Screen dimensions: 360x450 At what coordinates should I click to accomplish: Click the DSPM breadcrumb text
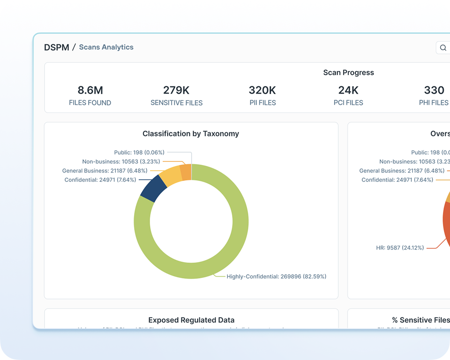pyautogui.click(x=56, y=47)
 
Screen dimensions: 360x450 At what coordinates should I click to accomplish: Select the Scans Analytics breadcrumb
pyautogui.click(x=106, y=47)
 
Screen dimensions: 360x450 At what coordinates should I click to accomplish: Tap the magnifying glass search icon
pyautogui.click(x=443, y=48)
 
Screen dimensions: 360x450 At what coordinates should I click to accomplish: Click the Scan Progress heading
pyautogui.click(x=348, y=73)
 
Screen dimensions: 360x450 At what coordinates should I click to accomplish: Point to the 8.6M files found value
pyautogui.click(x=90, y=90)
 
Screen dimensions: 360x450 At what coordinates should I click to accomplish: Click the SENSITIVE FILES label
pyautogui.click(x=176, y=103)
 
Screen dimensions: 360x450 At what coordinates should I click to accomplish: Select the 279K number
pyautogui.click(x=176, y=90)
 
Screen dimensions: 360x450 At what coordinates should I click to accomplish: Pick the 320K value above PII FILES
pyautogui.click(x=262, y=90)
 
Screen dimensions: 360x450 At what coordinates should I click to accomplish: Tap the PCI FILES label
pyautogui.click(x=348, y=103)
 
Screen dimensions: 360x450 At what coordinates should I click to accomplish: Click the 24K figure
pyautogui.click(x=348, y=90)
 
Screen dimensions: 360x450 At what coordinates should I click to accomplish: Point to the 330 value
pyautogui.click(x=434, y=90)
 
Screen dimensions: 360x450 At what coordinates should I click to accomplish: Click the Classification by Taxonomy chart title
pyautogui.click(x=191, y=134)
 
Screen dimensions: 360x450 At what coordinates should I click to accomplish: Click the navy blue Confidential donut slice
pyautogui.click(x=153, y=188)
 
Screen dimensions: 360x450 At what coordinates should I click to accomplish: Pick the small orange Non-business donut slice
pyautogui.click(x=186, y=172)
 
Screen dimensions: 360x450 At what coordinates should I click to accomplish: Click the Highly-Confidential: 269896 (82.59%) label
pyautogui.click(x=276, y=277)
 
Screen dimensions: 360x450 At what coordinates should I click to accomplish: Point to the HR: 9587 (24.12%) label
pyautogui.click(x=400, y=247)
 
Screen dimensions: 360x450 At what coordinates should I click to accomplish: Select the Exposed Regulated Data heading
pyautogui.click(x=191, y=320)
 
